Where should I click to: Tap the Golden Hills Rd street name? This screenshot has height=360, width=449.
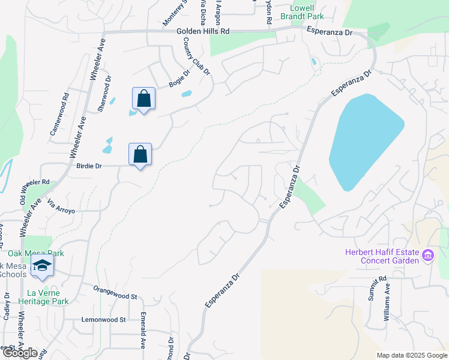(204, 31)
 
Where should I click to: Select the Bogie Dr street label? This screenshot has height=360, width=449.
(179, 79)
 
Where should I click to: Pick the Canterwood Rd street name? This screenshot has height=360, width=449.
(59, 113)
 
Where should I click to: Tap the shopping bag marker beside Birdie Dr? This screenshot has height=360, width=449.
(140, 154)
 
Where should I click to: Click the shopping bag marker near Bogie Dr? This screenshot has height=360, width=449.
(144, 98)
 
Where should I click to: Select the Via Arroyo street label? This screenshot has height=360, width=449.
(59, 206)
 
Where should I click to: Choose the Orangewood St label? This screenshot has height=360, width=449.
(115, 292)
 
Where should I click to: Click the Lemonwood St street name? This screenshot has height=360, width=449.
(103, 320)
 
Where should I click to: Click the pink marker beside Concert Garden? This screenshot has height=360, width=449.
(428, 256)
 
